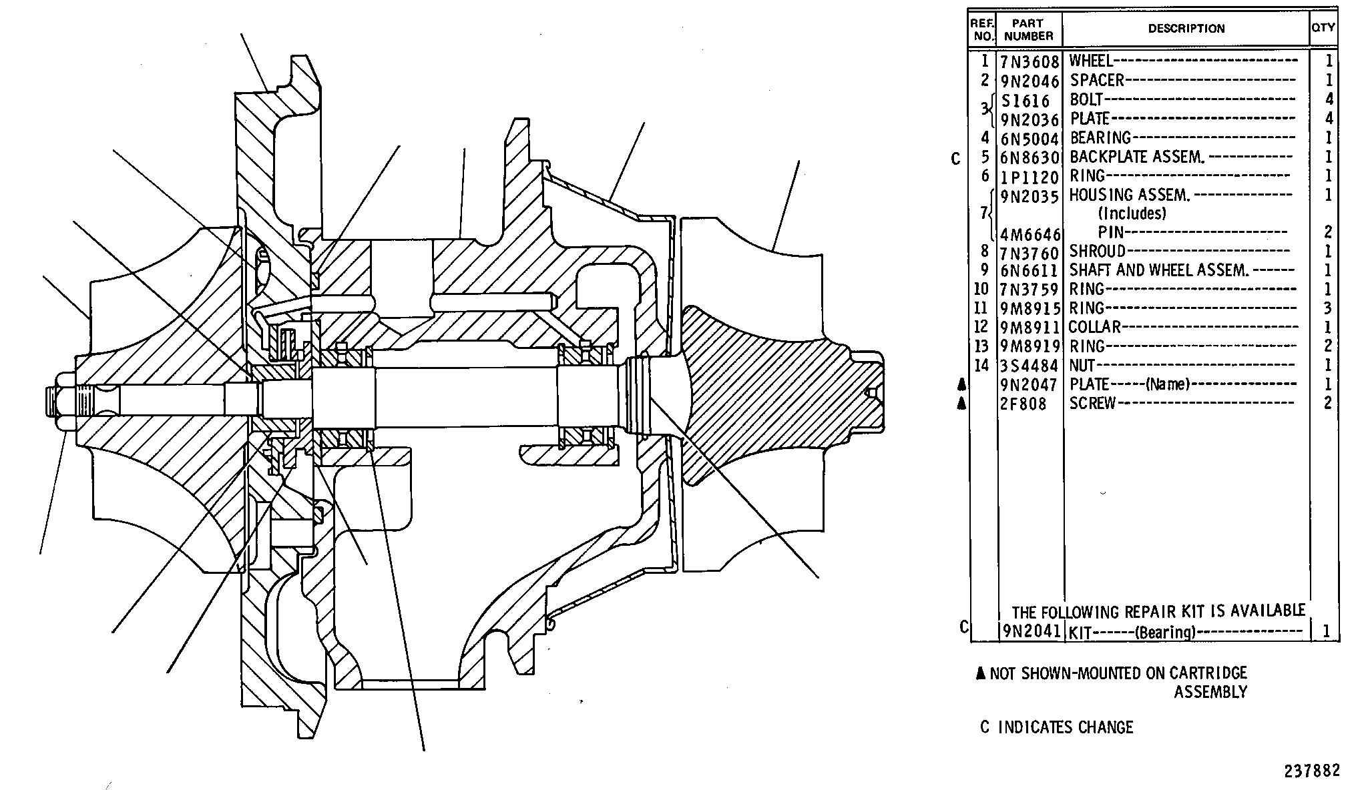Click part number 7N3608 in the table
point(1030,63)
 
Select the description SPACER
point(1097,81)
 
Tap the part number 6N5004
point(1030,139)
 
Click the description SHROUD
point(1098,252)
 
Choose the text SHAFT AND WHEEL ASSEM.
point(1158,270)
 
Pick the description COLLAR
point(1094,327)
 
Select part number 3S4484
point(1030,366)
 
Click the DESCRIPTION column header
point(1186,29)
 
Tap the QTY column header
point(1323,27)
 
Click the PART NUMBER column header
point(1028,29)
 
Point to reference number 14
point(981,365)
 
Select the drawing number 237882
point(1312,771)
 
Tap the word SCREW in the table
point(1093,404)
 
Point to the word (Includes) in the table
point(1132,214)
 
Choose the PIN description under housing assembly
point(1111,233)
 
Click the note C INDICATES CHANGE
point(1057,727)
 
